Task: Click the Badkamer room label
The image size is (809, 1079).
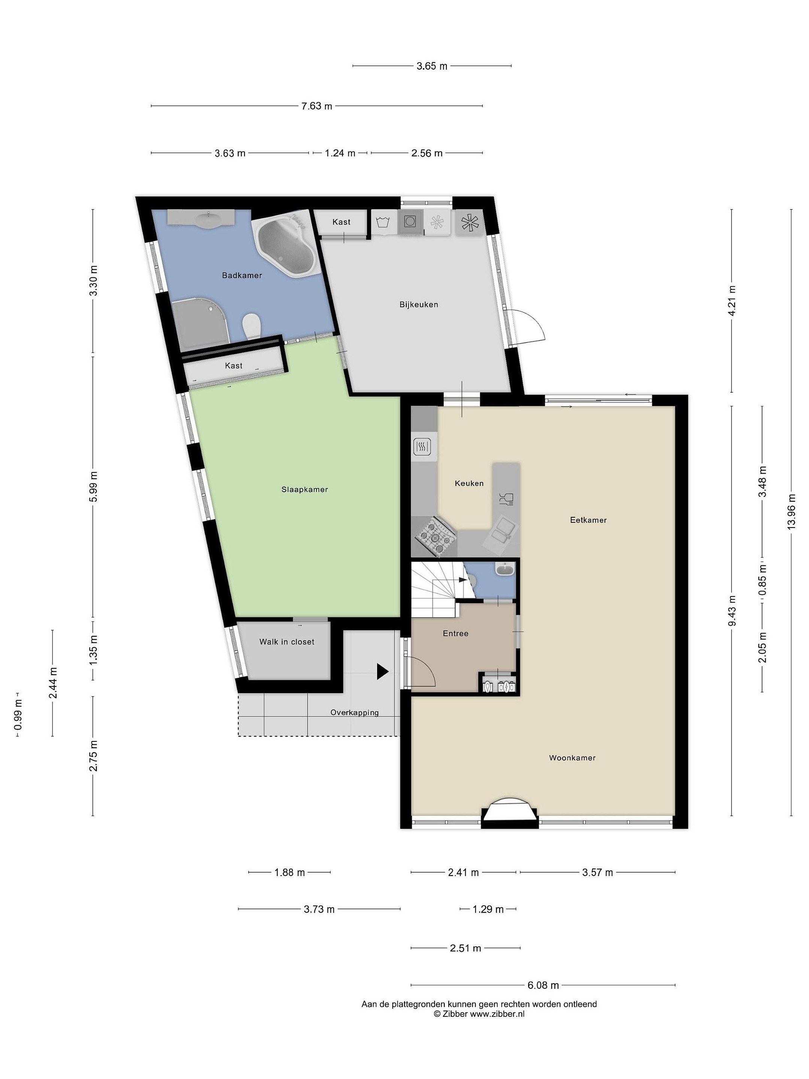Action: [242, 276]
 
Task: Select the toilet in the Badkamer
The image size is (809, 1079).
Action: [252, 326]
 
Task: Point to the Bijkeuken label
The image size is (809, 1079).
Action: [418, 305]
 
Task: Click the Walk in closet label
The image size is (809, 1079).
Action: [287, 642]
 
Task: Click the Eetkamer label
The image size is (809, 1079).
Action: [588, 520]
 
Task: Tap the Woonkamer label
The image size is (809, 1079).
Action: [572, 758]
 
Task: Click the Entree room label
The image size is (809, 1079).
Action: [455, 634]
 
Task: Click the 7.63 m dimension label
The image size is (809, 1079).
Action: [317, 106]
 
